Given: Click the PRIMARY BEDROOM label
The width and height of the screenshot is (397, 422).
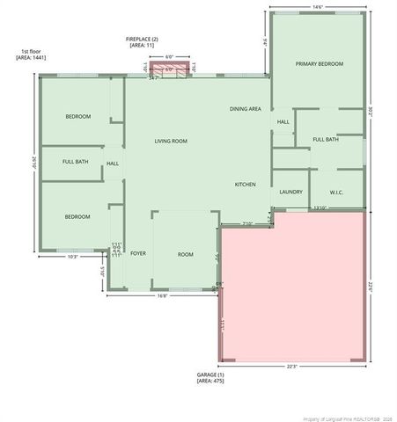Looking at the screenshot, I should (x=319, y=64).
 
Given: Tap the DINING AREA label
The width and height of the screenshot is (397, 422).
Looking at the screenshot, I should (x=245, y=109).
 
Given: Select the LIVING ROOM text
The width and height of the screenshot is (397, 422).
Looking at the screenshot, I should (x=171, y=141).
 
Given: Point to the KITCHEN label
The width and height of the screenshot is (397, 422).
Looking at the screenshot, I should (x=245, y=185).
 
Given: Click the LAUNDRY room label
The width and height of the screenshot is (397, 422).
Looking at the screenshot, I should (x=290, y=192).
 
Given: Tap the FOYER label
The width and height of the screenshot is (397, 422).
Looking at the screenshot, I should (x=138, y=253).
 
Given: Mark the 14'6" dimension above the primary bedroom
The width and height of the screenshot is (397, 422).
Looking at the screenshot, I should (x=317, y=8).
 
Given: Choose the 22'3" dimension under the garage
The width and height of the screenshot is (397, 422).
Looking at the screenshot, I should (x=291, y=366).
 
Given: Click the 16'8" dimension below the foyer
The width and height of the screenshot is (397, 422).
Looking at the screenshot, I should (x=163, y=296).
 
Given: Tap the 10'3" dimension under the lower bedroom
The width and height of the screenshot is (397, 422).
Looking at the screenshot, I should (x=73, y=257).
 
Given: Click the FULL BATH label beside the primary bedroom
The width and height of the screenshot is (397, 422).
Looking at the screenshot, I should (x=325, y=139).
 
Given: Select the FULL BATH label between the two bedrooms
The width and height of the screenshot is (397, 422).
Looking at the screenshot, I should (x=75, y=162).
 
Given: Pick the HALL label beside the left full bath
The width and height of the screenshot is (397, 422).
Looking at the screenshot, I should (x=113, y=164).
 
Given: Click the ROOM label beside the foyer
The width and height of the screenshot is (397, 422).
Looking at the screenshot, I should (x=185, y=254).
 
